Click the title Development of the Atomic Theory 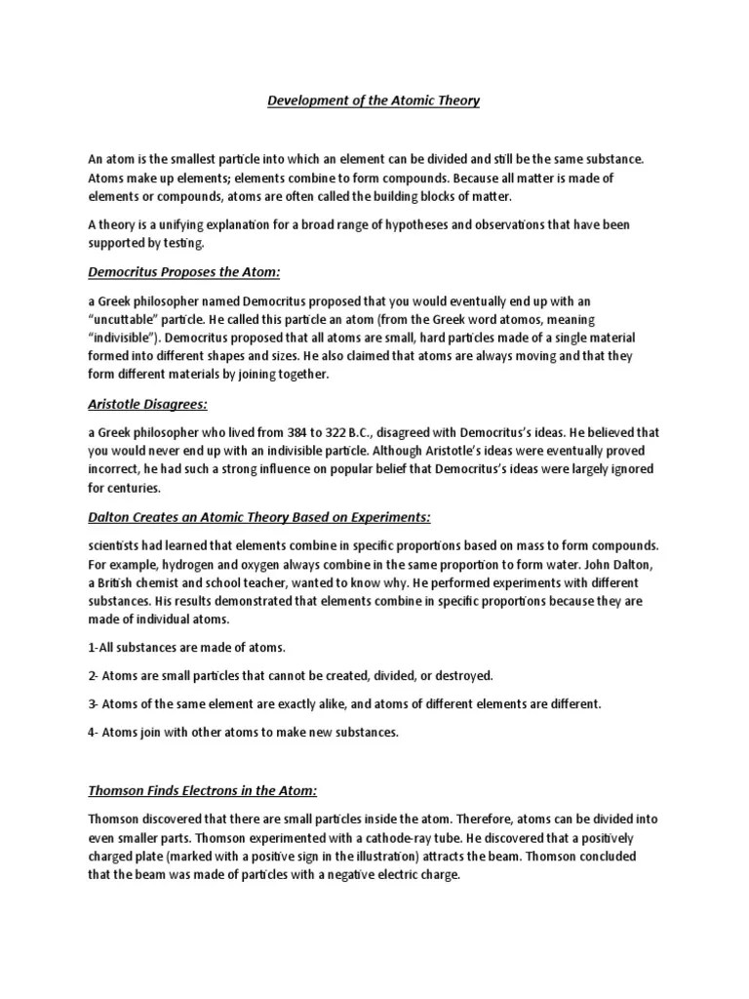pos(374,101)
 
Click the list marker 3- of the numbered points pos(95,702)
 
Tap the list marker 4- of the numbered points pos(95,731)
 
